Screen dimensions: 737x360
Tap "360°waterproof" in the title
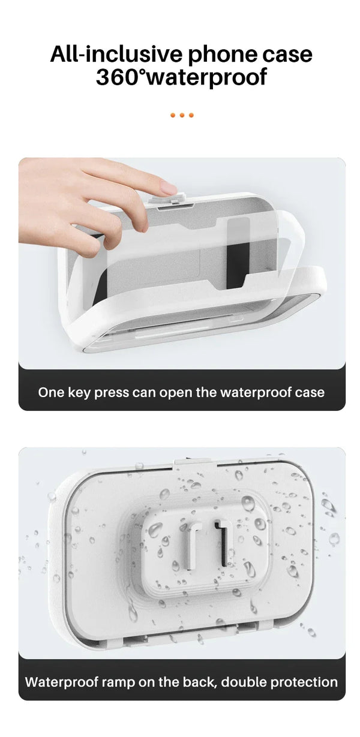click(181, 77)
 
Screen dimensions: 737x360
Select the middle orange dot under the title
click(181, 115)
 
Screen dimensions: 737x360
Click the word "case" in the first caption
click(310, 393)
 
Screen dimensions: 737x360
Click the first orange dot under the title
click(172, 115)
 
